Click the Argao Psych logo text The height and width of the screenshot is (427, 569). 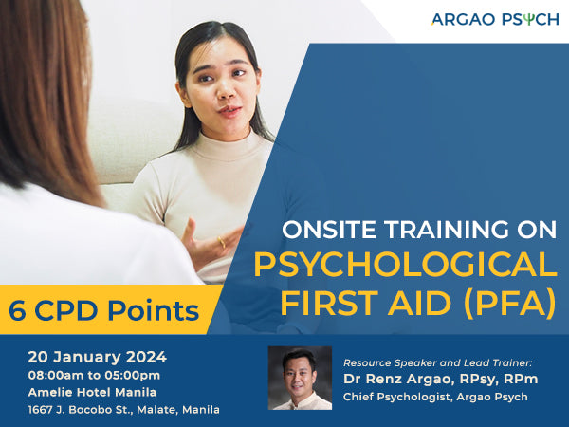(x=494, y=19)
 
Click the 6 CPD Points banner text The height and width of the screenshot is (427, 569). (x=104, y=310)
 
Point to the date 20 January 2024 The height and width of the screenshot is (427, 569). (x=97, y=357)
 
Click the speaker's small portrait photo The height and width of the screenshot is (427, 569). (x=300, y=378)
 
